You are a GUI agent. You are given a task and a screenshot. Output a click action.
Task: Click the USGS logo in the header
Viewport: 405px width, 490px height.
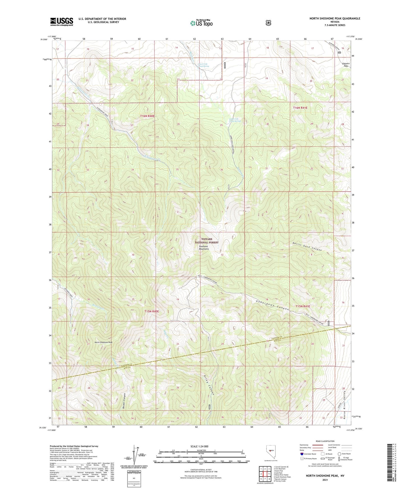pyautogui.click(x=62, y=22)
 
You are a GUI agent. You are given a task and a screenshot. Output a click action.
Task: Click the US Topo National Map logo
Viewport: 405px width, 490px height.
pyautogui.click(x=201, y=23)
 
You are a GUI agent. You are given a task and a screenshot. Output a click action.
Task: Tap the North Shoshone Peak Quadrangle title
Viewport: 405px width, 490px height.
pyautogui.click(x=335, y=19)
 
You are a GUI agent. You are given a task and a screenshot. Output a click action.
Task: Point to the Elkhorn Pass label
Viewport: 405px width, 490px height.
pyautogui.click(x=346, y=65)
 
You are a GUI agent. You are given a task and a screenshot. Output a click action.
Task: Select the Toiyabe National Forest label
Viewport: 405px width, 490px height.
pyautogui.click(x=207, y=241)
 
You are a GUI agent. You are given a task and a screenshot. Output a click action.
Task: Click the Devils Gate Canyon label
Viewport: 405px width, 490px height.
pyautogui.click(x=307, y=246)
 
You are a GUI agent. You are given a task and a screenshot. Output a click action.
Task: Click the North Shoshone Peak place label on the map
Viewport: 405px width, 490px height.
pyautogui.click(x=103, y=342)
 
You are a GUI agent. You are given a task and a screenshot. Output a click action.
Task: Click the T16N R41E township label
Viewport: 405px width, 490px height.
pyautogui.click(x=300, y=108)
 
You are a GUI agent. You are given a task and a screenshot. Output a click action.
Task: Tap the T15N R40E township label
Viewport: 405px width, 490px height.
pyautogui.click(x=152, y=312)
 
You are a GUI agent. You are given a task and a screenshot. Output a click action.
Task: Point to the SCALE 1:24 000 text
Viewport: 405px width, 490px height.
pyautogui.click(x=200, y=446)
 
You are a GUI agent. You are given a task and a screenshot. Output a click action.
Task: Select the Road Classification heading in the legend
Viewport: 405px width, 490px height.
pyautogui.click(x=325, y=441)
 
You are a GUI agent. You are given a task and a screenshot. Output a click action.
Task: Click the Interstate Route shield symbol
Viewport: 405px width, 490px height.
pyautogui.click(x=302, y=454)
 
